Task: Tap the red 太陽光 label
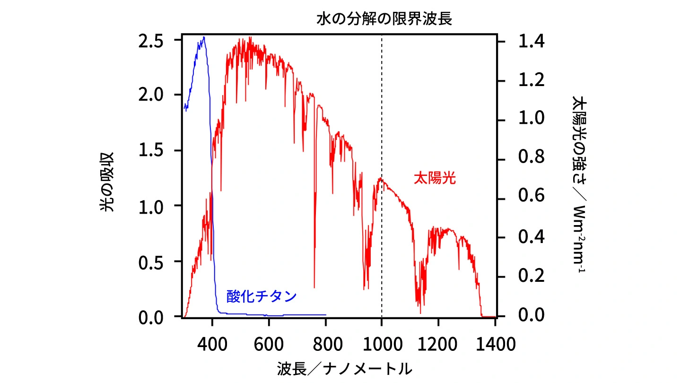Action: point(435,178)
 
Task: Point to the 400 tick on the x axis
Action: point(212,344)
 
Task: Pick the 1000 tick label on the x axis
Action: point(381,344)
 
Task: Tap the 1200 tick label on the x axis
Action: point(438,344)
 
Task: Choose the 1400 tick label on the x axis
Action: point(494,344)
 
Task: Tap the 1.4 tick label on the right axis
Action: point(531,42)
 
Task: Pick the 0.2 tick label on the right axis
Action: point(531,277)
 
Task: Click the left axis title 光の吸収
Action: point(107,182)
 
